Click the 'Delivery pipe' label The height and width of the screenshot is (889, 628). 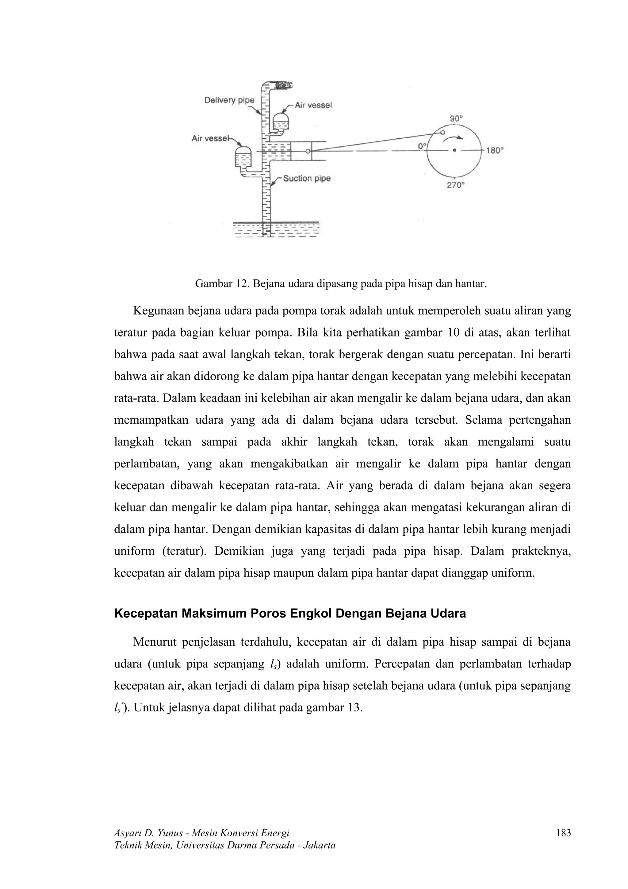click(x=229, y=100)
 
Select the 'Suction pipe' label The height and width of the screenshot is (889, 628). click(x=306, y=179)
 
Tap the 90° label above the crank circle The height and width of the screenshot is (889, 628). click(x=456, y=118)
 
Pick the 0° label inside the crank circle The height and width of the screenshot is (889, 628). click(x=422, y=146)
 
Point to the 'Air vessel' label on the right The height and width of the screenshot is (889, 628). click(x=313, y=105)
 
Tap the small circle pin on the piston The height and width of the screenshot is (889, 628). click(x=308, y=151)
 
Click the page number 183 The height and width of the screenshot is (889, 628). click(x=563, y=833)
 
